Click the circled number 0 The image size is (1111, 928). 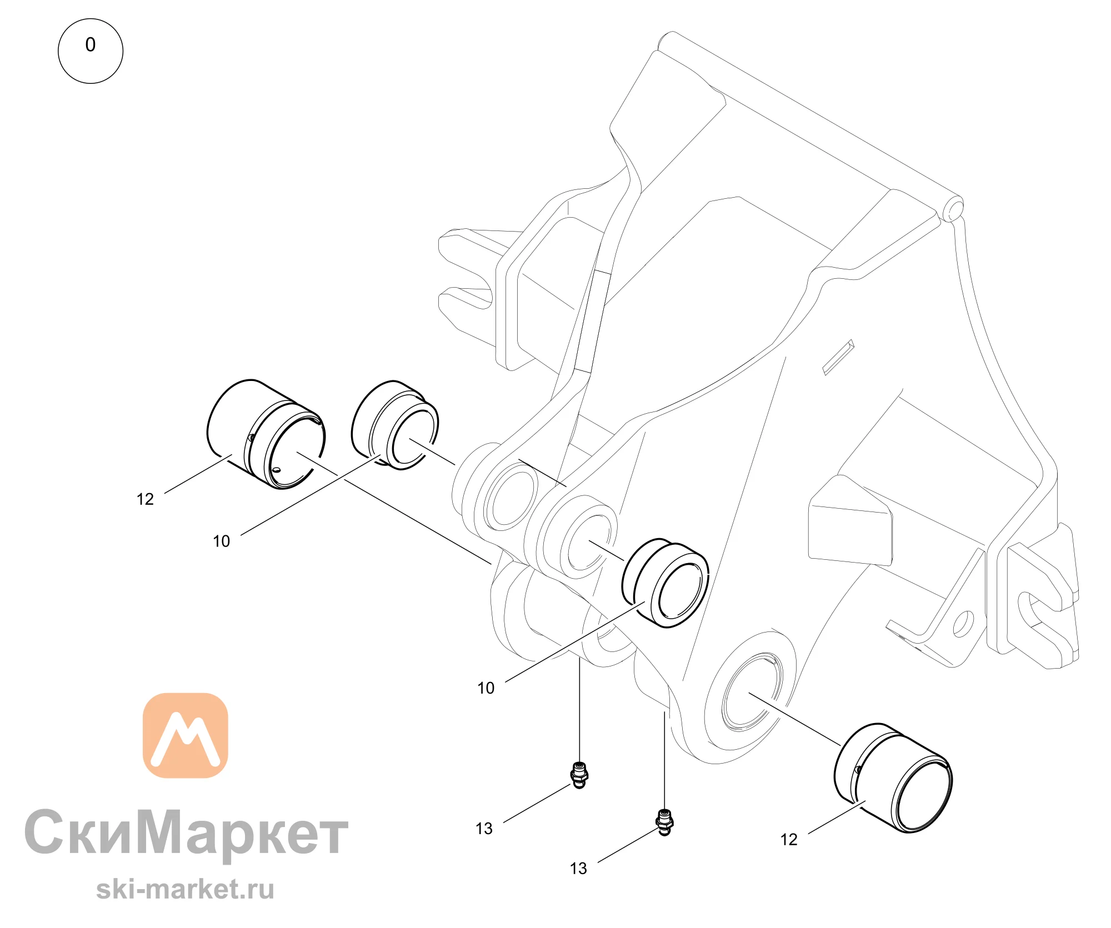(x=91, y=51)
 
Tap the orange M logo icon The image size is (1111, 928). (x=186, y=735)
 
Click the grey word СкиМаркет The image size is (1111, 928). (x=186, y=833)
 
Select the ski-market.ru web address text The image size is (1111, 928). (x=185, y=889)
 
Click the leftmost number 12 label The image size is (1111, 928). (x=145, y=499)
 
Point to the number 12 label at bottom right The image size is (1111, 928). (x=789, y=840)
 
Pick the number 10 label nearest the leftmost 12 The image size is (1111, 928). (x=221, y=541)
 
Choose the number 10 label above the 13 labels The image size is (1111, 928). (x=486, y=688)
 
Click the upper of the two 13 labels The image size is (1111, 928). (x=484, y=829)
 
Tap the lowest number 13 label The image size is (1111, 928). (x=578, y=869)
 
